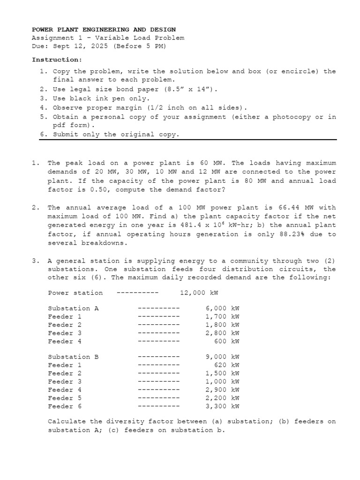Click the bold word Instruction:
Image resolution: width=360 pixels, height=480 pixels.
click(57, 60)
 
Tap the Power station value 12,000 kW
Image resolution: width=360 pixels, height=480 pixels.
click(199, 293)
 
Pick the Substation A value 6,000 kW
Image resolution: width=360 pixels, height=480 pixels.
click(222, 308)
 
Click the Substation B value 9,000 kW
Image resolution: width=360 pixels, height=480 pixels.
click(222, 357)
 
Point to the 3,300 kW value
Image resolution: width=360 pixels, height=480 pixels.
click(222, 406)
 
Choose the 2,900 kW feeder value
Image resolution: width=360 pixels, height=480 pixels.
click(222, 390)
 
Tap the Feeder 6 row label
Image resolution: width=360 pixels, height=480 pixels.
click(65, 406)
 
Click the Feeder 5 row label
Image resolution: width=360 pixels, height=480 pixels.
click(65, 398)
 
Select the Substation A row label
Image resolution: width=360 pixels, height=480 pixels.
click(73, 308)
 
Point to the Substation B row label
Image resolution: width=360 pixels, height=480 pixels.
click(73, 357)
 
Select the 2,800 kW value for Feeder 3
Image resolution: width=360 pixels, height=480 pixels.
click(222, 333)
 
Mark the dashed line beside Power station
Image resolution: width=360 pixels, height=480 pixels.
click(137, 293)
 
